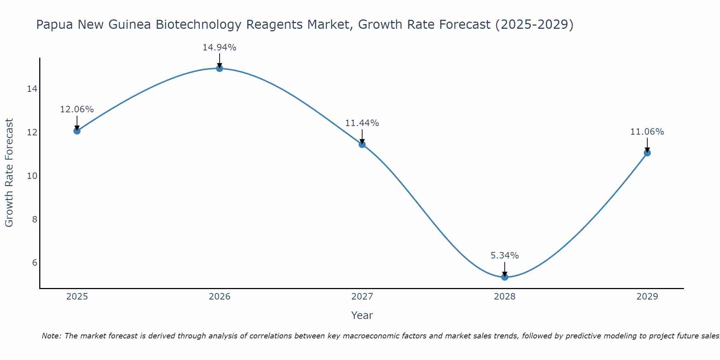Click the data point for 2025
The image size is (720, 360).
click(x=77, y=131)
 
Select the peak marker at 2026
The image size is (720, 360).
click(x=220, y=68)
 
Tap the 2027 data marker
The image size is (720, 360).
click(x=362, y=144)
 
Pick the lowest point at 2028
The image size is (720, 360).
click(x=505, y=277)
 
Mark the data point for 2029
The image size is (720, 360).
click(x=647, y=153)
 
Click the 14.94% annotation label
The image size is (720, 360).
click(x=219, y=48)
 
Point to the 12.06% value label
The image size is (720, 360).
click(x=77, y=109)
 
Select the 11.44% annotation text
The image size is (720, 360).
click(x=362, y=123)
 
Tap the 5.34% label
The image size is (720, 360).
click(x=505, y=256)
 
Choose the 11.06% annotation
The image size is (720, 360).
click(x=647, y=132)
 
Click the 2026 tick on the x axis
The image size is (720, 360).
click(x=220, y=297)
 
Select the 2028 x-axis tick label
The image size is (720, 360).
click(x=505, y=297)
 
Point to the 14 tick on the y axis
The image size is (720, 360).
click(x=32, y=89)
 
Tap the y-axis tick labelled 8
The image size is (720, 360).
click(x=35, y=219)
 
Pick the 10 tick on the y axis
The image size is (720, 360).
click(x=32, y=176)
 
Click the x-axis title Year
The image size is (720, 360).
click(x=362, y=315)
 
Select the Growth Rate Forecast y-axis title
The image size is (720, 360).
click(x=9, y=173)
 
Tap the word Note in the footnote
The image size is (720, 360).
click(x=51, y=336)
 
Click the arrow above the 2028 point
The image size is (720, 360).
click(x=505, y=269)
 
